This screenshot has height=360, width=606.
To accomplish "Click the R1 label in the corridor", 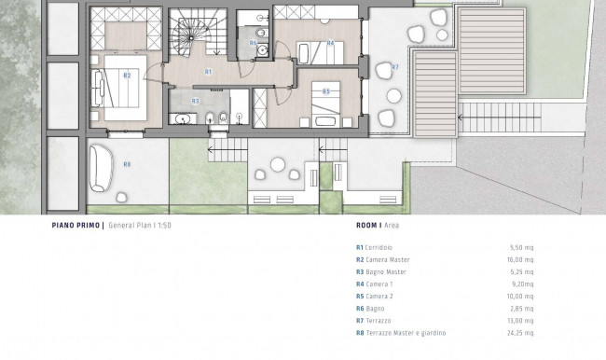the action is pos(208,72).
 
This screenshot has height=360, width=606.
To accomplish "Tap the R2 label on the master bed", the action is pos(127,76).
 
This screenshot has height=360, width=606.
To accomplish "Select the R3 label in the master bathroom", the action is pos(195,102).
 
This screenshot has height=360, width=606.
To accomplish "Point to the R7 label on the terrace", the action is pos(394,67).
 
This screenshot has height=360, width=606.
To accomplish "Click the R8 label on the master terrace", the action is pos(127,164).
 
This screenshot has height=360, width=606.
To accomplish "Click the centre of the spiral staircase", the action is pos(191,37).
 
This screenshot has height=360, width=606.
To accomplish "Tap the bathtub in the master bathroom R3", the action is pos(181,119).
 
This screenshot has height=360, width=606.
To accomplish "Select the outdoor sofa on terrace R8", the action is pos(101,168).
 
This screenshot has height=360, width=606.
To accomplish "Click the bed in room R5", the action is pos(325,104).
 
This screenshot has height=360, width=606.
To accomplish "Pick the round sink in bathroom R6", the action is pos(263,49).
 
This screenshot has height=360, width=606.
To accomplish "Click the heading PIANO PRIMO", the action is pos(76,225).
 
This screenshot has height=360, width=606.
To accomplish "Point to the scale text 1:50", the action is pos(164,225).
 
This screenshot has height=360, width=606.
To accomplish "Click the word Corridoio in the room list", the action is pos(379,247).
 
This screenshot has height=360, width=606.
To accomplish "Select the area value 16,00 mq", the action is pos(520,260).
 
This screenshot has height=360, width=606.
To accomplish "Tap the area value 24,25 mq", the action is pos(520,333).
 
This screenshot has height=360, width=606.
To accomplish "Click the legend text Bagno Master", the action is pos(386,271).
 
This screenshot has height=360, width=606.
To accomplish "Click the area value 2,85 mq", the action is pos(522,309).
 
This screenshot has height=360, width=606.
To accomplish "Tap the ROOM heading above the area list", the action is pos(367,225).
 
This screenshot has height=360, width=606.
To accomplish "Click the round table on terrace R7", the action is pos(393,96).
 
